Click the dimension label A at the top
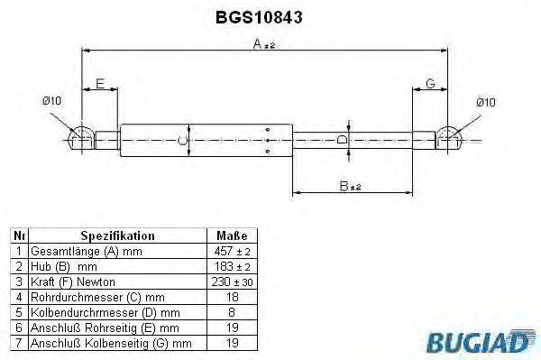tap(258, 43)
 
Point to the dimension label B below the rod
tap(344, 186)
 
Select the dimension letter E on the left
tap(100, 84)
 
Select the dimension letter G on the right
tap(430, 84)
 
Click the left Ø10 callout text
tap(51, 102)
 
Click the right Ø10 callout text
tap(485, 102)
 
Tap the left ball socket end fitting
tap(80, 138)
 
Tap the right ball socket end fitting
tap(450, 138)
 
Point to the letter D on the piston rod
tap(340, 140)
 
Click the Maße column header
tap(232, 235)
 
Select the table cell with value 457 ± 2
tap(232, 250)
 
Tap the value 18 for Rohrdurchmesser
tap(232, 296)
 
